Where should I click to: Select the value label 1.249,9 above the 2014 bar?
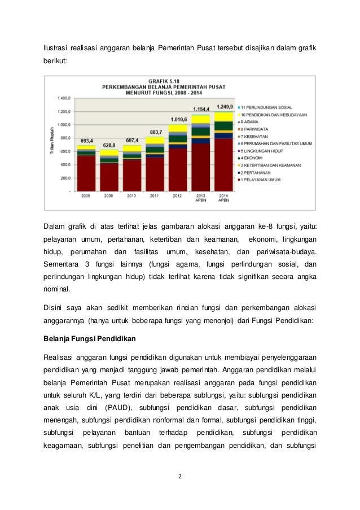[x=225, y=107]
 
